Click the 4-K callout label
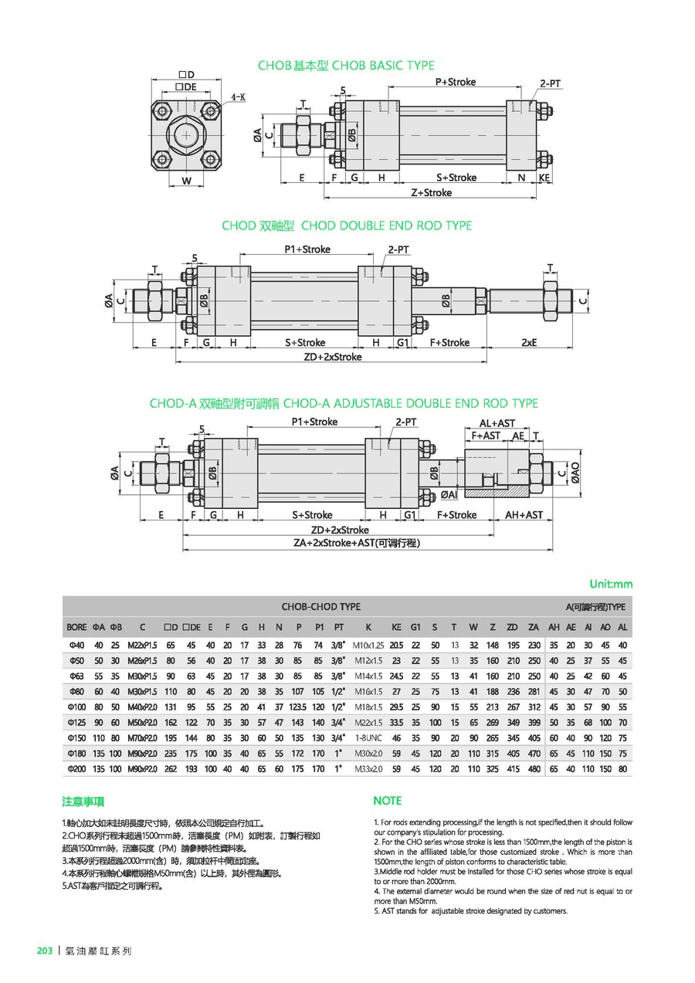tap(238, 98)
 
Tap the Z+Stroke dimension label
tap(431, 192)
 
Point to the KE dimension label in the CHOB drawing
tap(544, 178)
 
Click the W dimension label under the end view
tap(186, 181)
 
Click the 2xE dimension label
tap(528, 342)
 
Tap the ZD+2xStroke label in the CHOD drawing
tap(332, 357)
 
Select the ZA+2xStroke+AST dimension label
tap(357, 543)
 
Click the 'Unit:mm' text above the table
tap(610, 584)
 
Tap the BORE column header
tap(76, 627)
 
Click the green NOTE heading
tap(387, 801)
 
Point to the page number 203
tap(45, 951)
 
